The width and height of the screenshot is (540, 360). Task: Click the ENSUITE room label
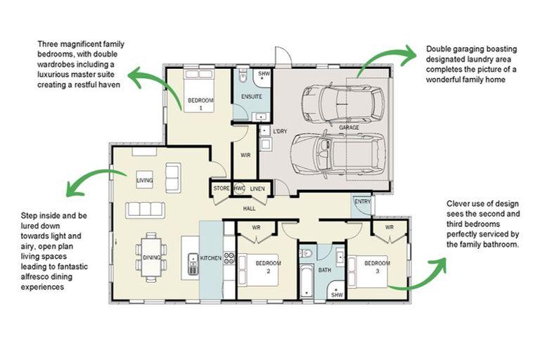click(x=252, y=97)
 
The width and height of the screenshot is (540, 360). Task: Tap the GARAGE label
click(x=349, y=127)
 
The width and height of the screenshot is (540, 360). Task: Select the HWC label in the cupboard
click(x=239, y=188)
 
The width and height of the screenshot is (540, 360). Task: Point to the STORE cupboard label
click(x=221, y=188)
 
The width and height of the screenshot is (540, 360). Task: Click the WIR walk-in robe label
click(x=245, y=155)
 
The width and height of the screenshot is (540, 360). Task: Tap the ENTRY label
click(x=362, y=202)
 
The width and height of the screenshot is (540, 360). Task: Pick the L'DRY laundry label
click(x=280, y=131)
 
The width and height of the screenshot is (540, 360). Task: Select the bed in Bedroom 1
click(x=198, y=90)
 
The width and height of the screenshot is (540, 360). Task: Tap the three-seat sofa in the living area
click(x=145, y=210)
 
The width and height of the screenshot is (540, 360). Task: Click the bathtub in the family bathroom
click(x=307, y=281)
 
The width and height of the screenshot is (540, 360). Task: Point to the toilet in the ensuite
click(x=243, y=76)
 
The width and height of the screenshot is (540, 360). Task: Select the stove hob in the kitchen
click(x=229, y=258)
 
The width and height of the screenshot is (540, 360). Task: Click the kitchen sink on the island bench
click(x=193, y=264)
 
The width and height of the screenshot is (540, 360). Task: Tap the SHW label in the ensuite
click(x=264, y=74)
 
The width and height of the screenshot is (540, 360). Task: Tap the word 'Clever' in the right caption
click(x=457, y=204)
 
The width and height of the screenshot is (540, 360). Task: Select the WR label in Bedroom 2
click(x=256, y=228)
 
